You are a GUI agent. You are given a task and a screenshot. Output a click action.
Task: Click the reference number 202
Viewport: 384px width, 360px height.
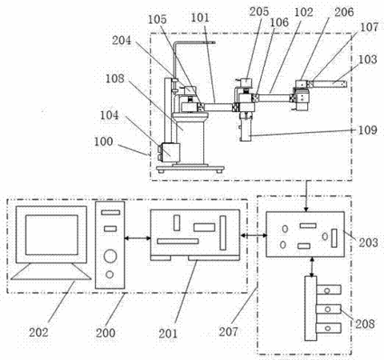(x=38, y=332)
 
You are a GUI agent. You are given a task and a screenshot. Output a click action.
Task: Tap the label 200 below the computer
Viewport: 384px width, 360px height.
(x=106, y=333)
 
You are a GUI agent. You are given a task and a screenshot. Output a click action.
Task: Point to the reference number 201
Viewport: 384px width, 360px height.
(x=168, y=334)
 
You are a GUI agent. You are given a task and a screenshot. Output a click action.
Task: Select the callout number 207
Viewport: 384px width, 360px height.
(x=229, y=331)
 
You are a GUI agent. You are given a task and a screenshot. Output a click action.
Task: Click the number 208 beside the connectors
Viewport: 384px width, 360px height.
(x=366, y=324)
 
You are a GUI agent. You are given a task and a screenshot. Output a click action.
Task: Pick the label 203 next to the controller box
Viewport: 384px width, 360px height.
(x=368, y=242)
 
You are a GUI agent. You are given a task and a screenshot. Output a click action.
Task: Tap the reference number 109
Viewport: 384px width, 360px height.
(x=367, y=130)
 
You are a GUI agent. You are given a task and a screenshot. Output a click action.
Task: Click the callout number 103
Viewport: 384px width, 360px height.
(x=367, y=59)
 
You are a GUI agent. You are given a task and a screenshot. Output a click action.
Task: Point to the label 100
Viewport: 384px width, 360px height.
(x=103, y=142)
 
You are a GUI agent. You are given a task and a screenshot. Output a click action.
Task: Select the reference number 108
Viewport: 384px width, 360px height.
(x=115, y=78)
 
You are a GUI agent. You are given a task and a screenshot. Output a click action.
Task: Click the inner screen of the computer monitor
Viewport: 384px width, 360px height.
(x=52, y=235)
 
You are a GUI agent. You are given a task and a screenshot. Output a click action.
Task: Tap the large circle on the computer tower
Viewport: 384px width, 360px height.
(x=110, y=256)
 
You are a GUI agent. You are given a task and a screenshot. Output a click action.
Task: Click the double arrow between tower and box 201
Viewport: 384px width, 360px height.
(x=138, y=238)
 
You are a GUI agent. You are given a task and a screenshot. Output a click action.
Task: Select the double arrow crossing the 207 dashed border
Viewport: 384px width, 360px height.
(x=254, y=235)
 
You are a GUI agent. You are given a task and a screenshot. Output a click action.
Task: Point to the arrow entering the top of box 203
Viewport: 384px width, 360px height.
(x=306, y=196)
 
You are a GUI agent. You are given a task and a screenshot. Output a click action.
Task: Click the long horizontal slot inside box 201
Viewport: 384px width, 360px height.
(x=178, y=242)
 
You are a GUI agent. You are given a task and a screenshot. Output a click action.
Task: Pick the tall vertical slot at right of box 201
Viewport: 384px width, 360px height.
(x=223, y=233)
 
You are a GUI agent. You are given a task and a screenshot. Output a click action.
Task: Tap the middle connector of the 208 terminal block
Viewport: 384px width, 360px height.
(x=329, y=309)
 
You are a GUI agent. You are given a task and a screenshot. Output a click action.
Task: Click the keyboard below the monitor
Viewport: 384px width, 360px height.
(x=51, y=271)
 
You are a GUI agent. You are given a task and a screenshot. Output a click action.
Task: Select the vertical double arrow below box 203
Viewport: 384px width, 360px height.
(x=311, y=266)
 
